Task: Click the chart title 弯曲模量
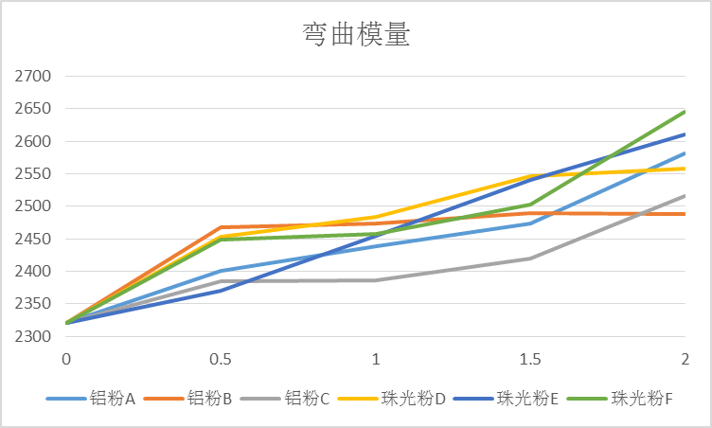click(356, 35)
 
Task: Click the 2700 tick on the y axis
click(32, 77)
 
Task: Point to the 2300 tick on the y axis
click(32, 336)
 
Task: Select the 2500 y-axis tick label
click(32, 206)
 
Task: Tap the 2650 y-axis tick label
click(32, 109)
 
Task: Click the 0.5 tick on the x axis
click(221, 359)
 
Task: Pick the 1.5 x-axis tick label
click(530, 359)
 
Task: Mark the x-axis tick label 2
click(685, 359)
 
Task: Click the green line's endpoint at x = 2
click(685, 112)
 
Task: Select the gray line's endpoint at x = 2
click(685, 196)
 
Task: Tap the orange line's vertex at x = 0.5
click(221, 227)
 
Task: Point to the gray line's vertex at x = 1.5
click(530, 259)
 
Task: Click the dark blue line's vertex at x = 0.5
click(221, 291)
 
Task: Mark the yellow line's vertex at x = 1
click(376, 217)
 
